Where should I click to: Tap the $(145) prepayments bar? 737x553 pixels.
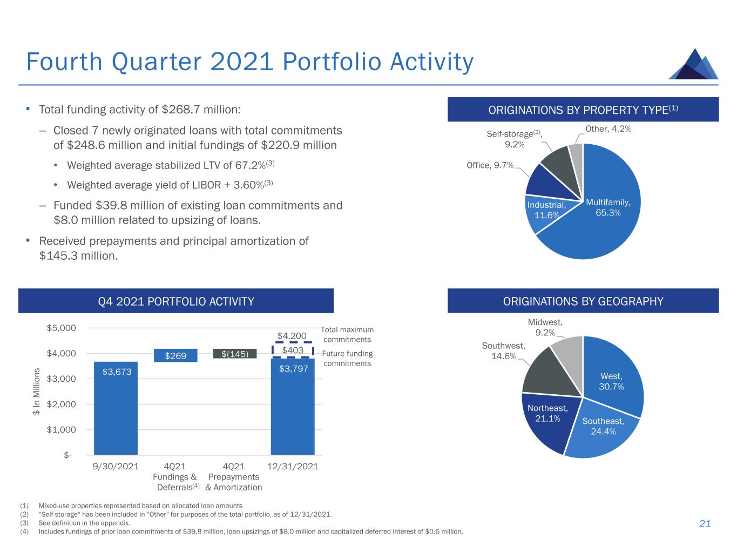point(234,354)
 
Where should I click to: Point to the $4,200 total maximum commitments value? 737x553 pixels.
point(292,336)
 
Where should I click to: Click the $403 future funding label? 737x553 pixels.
point(292,350)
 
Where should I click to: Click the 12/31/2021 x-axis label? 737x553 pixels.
point(293,466)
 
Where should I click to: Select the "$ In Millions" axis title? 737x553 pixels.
point(37,392)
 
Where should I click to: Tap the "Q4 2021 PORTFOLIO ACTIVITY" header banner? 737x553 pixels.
point(176,301)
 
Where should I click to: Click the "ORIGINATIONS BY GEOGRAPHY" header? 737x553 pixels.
point(583,301)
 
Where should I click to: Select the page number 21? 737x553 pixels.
point(705,523)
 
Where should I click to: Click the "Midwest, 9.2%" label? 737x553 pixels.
point(545,327)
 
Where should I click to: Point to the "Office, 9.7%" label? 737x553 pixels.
point(490,165)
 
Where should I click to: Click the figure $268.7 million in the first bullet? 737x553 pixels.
point(200,110)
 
